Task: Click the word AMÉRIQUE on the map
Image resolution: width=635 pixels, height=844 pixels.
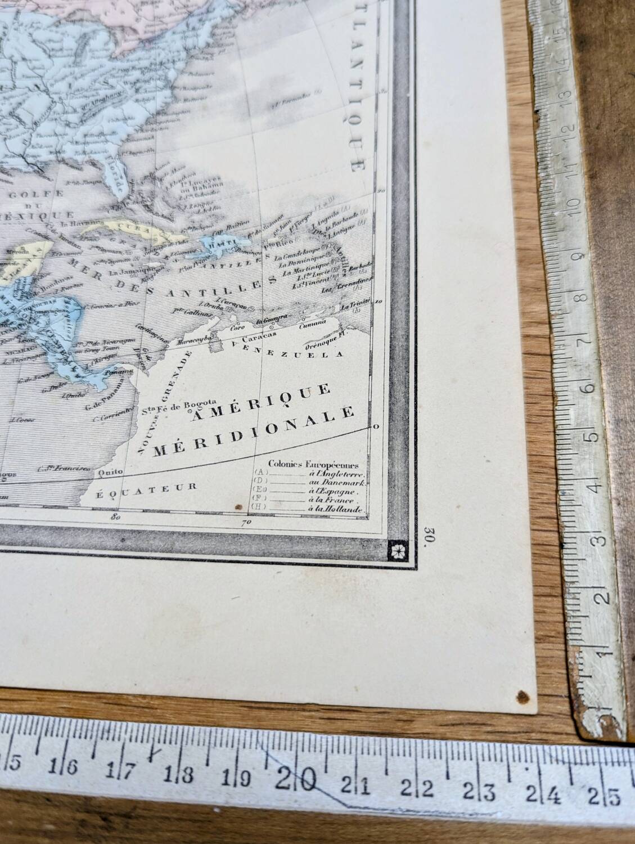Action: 260,402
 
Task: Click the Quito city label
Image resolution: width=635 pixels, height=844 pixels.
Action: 109,473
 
